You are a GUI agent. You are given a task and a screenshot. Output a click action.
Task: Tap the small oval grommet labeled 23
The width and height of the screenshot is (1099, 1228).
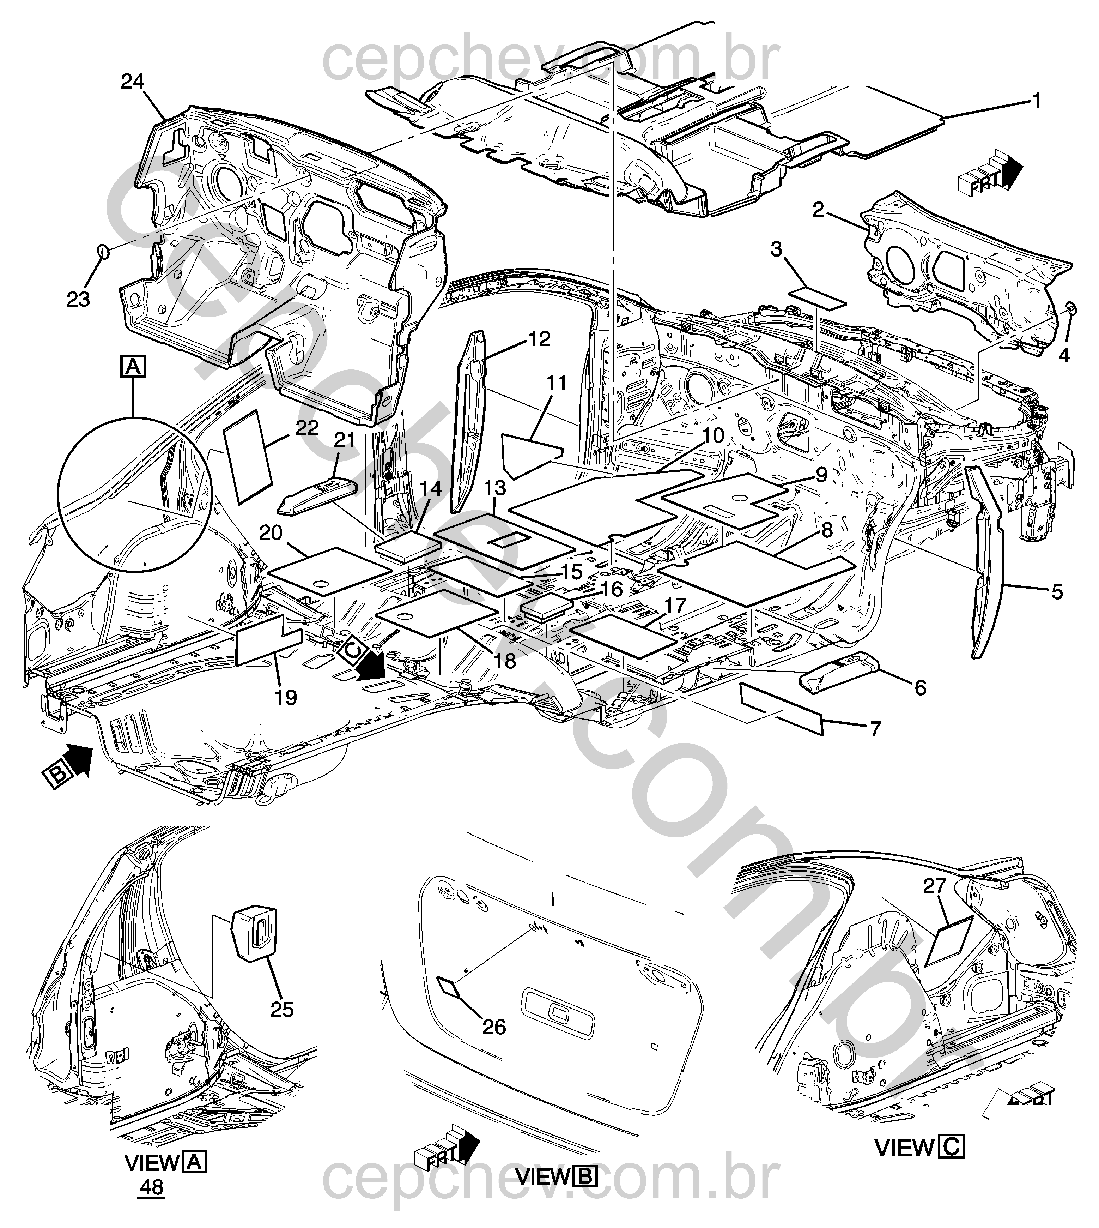(x=103, y=251)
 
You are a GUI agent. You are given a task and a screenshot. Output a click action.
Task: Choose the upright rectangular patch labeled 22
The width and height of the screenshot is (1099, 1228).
(x=248, y=456)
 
